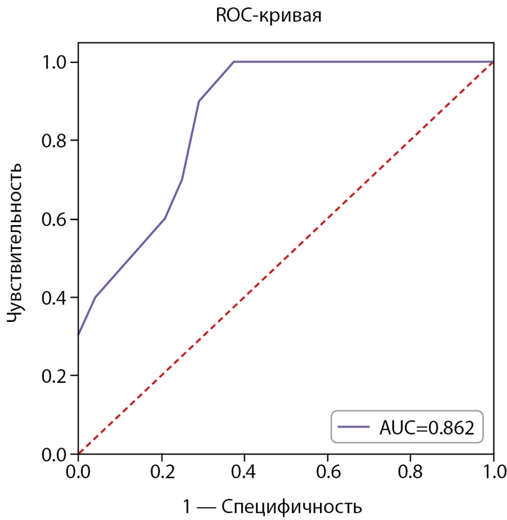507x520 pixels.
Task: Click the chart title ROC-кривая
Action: (269, 16)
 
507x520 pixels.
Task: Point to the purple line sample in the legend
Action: (353, 427)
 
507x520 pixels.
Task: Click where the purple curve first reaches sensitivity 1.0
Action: (234, 61)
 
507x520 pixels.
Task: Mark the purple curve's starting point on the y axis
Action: (78, 335)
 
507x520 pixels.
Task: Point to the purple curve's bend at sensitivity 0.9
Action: (199, 101)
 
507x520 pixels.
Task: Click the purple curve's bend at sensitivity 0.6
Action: (164, 218)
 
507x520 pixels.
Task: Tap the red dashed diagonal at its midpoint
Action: (286, 258)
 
